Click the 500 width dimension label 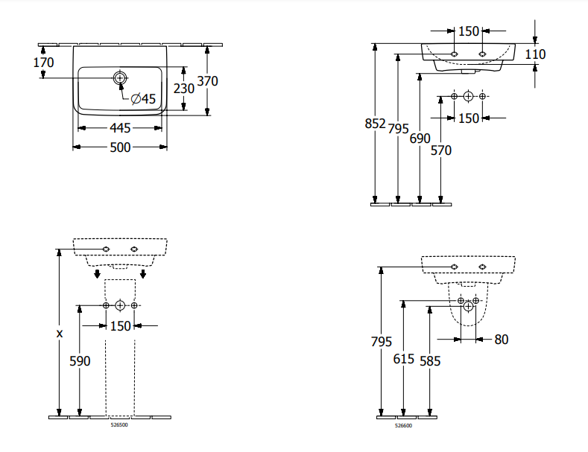[120, 147]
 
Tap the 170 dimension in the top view [44, 63]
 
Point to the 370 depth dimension [207, 81]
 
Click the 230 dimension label [183, 88]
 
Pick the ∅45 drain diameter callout [143, 99]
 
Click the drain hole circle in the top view [120, 77]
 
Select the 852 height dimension [375, 124]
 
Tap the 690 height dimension [420, 139]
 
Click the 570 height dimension [441, 150]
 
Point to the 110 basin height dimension [535, 54]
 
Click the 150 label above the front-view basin [468, 31]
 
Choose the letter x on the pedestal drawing [60, 334]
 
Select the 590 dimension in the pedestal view [80, 360]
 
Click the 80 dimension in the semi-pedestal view [501, 340]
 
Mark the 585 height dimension [430, 360]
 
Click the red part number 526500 [120, 426]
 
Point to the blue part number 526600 [403, 425]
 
